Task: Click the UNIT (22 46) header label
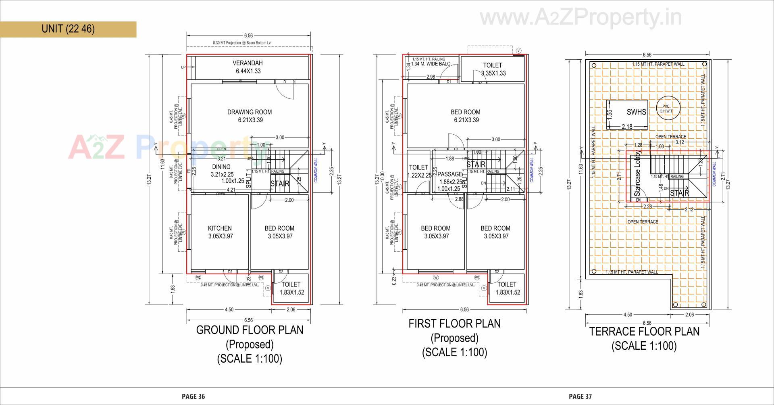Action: click(x=68, y=29)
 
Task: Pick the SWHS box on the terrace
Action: click(x=636, y=112)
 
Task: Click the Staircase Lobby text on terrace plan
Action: click(x=638, y=173)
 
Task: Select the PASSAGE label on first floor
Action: click(x=450, y=174)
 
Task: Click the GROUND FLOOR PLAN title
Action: click(x=250, y=330)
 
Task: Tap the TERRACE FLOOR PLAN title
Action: click(x=644, y=332)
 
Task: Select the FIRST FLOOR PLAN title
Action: click(x=454, y=324)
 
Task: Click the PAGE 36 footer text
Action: click(x=193, y=397)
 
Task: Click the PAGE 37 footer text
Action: click(x=580, y=397)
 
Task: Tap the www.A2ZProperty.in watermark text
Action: click(x=580, y=17)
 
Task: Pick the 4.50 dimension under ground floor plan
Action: click(x=229, y=310)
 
